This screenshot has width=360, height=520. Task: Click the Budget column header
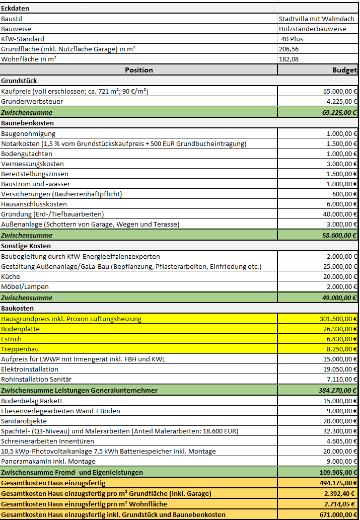coord(344,70)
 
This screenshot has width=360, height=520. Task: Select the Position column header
coord(139,70)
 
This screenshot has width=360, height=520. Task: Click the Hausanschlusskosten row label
coord(34,204)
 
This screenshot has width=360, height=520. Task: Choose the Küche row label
coord(11,276)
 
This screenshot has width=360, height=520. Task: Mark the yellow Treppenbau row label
coord(19,349)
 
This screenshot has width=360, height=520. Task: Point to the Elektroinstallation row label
coord(30,369)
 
